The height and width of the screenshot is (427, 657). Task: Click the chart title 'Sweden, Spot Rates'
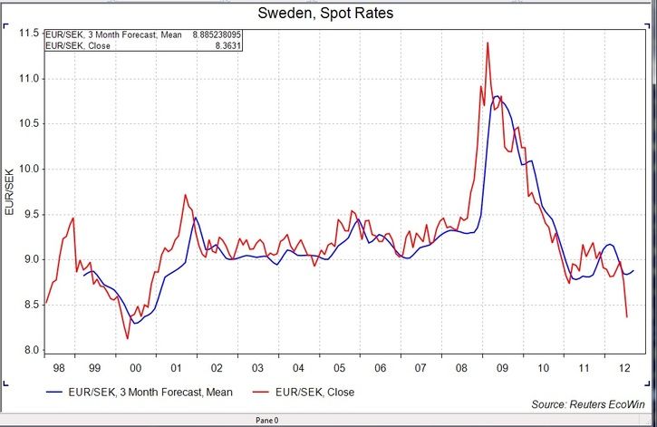click(x=328, y=14)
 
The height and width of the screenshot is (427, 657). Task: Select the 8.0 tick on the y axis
click(x=30, y=350)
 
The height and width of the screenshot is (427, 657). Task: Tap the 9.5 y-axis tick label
click(x=30, y=214)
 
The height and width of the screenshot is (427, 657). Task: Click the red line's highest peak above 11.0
click(x=488, y=43)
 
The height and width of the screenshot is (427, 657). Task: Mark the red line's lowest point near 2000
click(x=127, y=338)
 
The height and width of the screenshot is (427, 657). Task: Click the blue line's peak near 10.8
click(x=496, y=95)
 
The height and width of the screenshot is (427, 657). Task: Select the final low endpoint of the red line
click(x=627, y=316)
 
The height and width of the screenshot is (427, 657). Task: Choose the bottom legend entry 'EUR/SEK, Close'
click(x=315, y=393)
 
